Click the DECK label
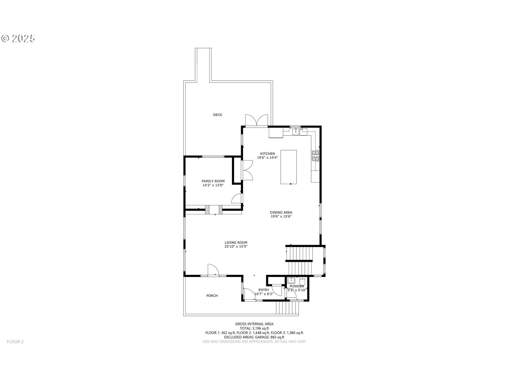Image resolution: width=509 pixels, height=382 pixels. [x=218, y=115]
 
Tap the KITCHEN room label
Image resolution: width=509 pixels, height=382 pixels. [x=267, y=154]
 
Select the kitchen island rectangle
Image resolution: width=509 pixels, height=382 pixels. [x=288, y=167]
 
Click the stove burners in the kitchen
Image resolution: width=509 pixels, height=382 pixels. [x=315, y=156]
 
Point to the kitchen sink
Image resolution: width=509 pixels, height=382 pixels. [x=296, y=131]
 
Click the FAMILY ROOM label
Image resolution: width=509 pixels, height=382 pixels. [x=213, y=181]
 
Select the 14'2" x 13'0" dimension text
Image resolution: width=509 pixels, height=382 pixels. [x=213, y=185]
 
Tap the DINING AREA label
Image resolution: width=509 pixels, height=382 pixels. [x=281, y=212]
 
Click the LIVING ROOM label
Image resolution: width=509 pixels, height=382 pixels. [x=236, y=242]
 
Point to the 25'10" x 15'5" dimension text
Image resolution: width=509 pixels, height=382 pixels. [x=236, y=247]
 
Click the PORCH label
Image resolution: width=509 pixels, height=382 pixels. [x=212, y=296]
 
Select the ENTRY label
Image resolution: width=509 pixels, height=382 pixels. [x=264, y=290]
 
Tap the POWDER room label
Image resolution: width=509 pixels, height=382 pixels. [x=297, y=286]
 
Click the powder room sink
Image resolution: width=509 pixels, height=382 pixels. [x=291, y=280]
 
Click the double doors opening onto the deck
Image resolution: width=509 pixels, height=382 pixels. [x=257, y=121]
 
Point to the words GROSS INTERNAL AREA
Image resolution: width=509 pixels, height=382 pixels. [x=254, y=324]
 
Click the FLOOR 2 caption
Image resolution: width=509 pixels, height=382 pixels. [x=15, y=342]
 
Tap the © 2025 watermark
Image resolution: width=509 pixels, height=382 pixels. [x=18, y=38]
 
